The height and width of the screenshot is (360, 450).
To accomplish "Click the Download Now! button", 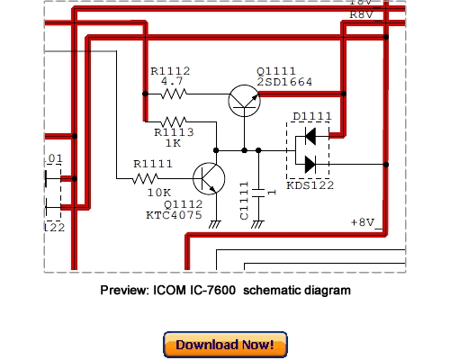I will click(225, 345).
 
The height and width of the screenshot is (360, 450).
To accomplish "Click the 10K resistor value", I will click(158, 193).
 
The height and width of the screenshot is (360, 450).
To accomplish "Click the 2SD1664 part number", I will click(285, 82).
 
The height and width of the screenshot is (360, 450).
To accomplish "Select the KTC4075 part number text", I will click(172, 216).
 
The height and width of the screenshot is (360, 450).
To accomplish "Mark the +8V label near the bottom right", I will click(364, 221).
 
